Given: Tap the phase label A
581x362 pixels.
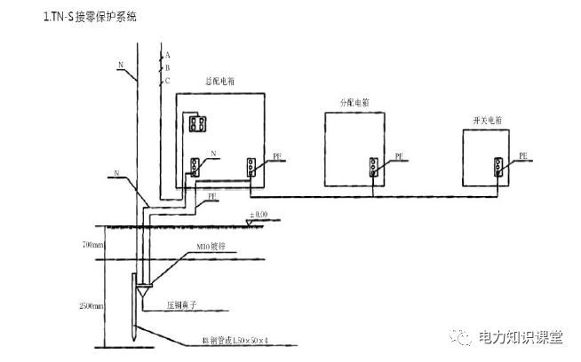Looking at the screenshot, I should point(167,55).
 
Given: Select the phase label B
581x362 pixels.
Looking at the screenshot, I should point(167,67).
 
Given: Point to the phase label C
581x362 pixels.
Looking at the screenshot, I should point(167,80).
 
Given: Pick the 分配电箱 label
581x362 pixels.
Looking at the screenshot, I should point(354,103).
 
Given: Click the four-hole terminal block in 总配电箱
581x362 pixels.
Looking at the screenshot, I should point(197,123).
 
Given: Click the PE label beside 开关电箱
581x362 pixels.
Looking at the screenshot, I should point(523,155).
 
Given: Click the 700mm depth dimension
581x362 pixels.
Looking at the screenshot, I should point(92,243).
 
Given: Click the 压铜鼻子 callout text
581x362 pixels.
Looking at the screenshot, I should point(184,304).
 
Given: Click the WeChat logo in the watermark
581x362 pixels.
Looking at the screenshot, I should point(462,338).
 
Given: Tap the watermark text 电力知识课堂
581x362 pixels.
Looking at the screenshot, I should point(520,338).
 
